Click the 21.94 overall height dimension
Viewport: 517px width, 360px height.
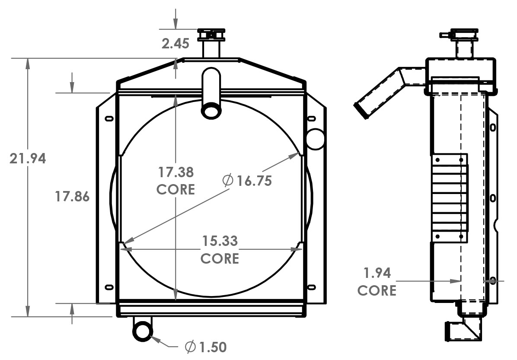pyautogui.click(x=28, y=159)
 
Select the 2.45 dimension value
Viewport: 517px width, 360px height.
pyautogui.click(x=176, y=43)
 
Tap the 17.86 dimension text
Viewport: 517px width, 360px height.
pyautogui.click(x=72, y=197)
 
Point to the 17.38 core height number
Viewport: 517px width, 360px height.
pyautogui.click(x=176, y=172)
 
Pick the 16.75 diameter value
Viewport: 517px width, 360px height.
pyautogui.click(x=254, y=181)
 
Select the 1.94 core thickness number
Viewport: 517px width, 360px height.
pyautogui.click(x=377, y=273)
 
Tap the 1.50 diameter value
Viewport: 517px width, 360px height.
pyautogui.click(x=212, y=347)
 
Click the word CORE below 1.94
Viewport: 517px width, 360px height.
pyautogui.click(x=377, y=290)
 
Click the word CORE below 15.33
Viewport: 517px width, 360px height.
pyautogui.click(x=220, y=258)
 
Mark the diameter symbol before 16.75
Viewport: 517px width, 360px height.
pyautogui.click(x=228, y=181)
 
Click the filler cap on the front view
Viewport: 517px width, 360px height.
pyautogui.click(x=211, y=34)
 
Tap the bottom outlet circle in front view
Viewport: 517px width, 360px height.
pyautogui.click(x=143, y=331)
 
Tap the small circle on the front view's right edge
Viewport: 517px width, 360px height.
pyautogui.click(x=315, y=139)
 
